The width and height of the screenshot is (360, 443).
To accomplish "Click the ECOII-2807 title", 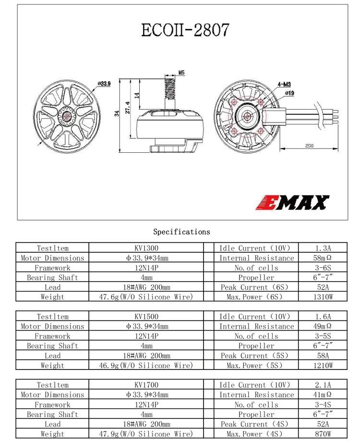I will pos(185,29).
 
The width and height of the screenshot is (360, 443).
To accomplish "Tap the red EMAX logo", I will pos(295,202).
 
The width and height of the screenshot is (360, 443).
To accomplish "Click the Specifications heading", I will pos(181,232).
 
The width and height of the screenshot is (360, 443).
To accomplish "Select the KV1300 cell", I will pos(146,248).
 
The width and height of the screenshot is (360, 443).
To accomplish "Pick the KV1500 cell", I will pos(146,317).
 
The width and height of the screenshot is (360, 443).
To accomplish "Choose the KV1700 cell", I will pos(146,385).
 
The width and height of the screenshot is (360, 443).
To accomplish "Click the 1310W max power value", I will pos(323,297).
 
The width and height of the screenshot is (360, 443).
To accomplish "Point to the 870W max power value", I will pos(323,434).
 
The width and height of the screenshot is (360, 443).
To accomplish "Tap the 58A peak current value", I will pos(323,356).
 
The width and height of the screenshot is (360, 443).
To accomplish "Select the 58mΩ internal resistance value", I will pos(323,258).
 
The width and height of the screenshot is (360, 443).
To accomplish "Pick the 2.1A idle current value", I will pos(323,385).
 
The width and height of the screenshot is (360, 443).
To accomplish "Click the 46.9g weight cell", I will pos(146,365).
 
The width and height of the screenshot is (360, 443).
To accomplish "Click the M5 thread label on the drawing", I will pos(181,73).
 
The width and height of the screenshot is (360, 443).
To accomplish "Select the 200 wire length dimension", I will pos(309,146).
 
